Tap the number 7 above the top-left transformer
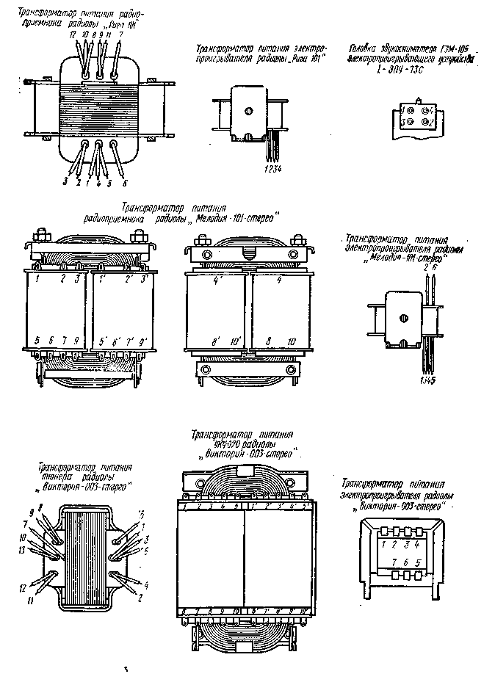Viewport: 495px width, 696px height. [x=120, y=35]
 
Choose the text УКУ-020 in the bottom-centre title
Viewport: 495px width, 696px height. [x=208, y=444]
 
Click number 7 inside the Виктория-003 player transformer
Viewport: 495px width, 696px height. [x=394, y=562]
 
